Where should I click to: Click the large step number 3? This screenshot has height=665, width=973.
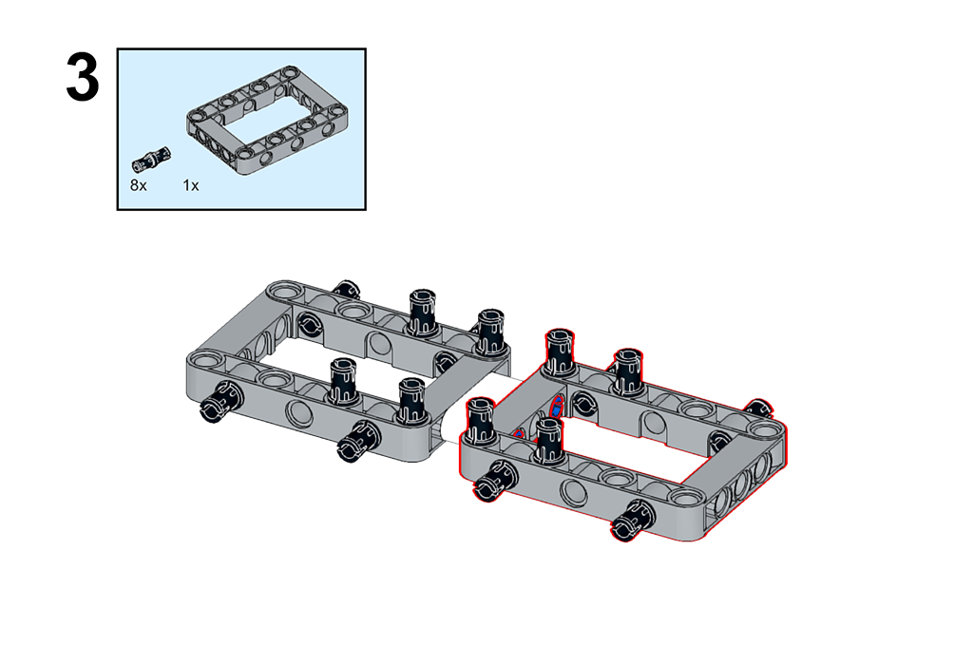[83, 78]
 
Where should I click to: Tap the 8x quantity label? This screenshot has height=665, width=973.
[139, 185]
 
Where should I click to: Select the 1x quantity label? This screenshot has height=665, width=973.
[190, 185]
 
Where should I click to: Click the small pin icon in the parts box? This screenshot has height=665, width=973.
[151, 159]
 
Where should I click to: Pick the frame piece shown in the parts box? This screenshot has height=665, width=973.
[267, 120]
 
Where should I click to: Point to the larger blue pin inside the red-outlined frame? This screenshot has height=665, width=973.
[557, 407]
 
